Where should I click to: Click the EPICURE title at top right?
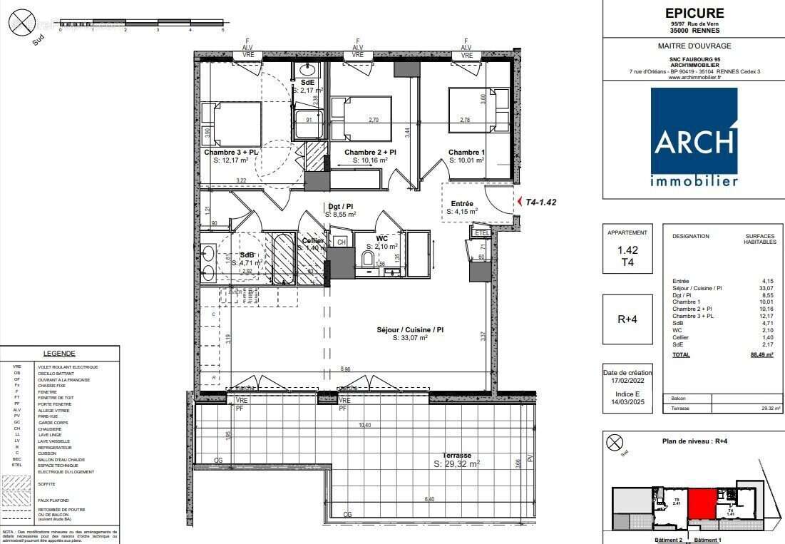click(x=694, y=13)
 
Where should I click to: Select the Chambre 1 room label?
click(x=466, y=152)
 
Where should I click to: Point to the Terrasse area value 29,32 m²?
click(x=456, y=464)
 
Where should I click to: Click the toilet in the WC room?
click(x=369, y=258)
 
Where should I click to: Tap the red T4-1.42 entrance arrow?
click(x=520, y=202)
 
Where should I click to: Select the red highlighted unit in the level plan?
click(x=702, y=503)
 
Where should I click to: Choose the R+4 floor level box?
click(x=627, y=319)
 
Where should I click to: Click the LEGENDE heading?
click(x=59, y=354)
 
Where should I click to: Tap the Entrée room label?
click(x=462, y=204)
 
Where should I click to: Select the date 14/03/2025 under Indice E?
click(x=627, y=401)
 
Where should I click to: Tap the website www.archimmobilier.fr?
click(x=694, y=78)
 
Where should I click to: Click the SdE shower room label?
click(x=307, y=83)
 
